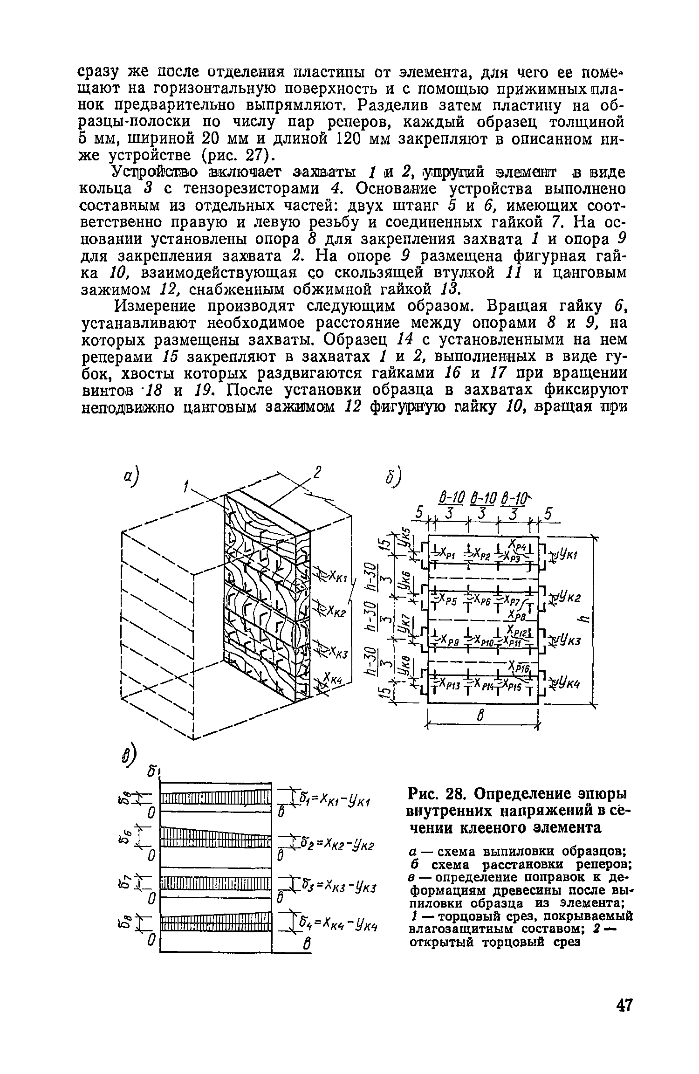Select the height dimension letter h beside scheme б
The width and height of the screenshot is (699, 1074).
tap(584, 618)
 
